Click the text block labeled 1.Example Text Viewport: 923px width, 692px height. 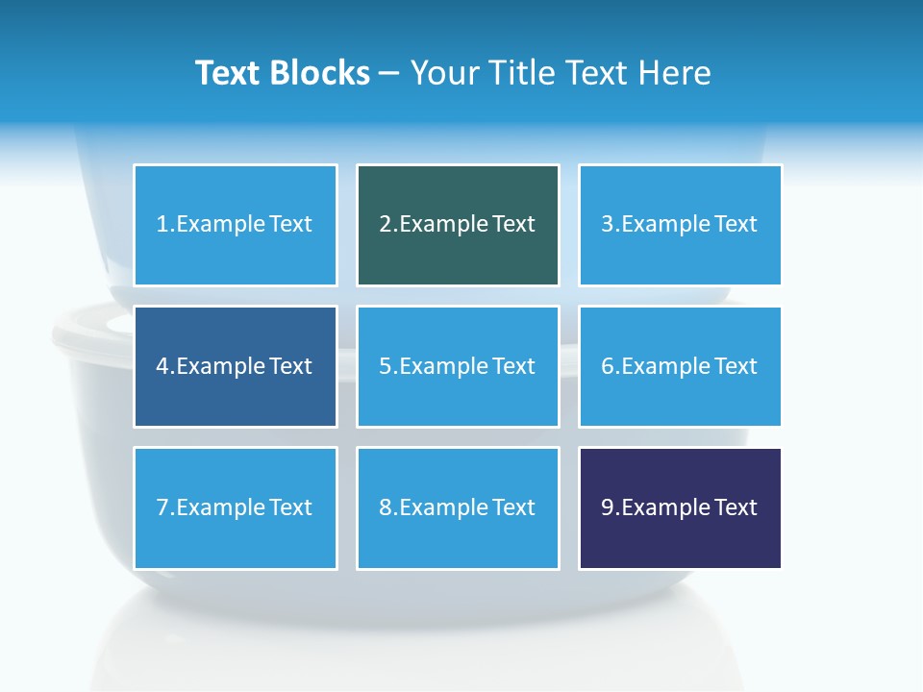[x=235, y=225]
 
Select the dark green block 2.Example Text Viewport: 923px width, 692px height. [x=458, y=225]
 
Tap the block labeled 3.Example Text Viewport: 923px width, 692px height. [x=680, y=225]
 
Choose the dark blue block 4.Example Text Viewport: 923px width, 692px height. [x=235, y=366]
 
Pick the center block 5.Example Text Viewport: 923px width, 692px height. [x=458, y=366]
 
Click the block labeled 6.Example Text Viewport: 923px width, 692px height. [x=680, y=366]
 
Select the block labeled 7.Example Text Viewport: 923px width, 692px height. [x=235, y=507]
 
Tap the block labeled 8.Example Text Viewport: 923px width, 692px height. [x=458, y=507]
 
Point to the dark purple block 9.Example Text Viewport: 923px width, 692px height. [x=680, y=507]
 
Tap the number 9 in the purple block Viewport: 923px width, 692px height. [x=608, y=507]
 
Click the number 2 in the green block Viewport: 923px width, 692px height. [x=385, y=225]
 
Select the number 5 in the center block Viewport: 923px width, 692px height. [x=385, y=366]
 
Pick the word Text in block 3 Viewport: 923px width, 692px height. [x=736, y=225]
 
